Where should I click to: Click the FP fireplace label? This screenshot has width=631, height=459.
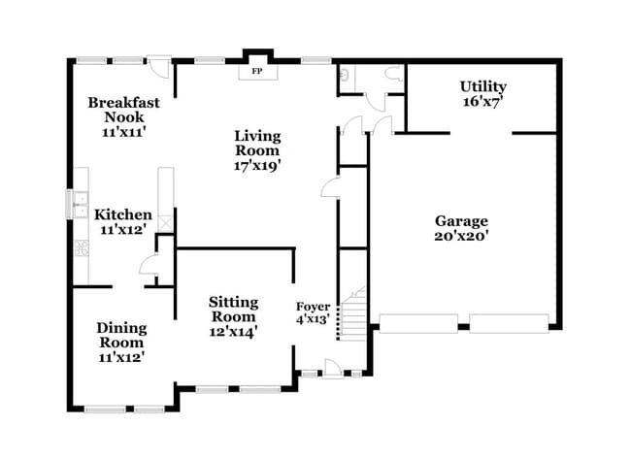257,71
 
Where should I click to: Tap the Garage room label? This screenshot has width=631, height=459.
461,221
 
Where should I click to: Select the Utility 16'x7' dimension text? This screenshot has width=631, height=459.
482,101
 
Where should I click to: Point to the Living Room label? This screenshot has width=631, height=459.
257,143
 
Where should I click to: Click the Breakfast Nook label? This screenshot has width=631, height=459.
124,110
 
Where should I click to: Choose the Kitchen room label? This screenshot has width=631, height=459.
123,214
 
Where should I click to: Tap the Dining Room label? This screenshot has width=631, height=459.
121,335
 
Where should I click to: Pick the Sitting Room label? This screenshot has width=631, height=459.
233,309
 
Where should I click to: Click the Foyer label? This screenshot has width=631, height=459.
314,307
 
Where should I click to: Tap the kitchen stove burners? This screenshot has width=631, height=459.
82,247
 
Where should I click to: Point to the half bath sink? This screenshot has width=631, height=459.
344,74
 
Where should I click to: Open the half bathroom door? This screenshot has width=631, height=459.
376,102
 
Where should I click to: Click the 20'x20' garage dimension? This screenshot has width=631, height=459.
461,236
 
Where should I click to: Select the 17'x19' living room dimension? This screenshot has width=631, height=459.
257,165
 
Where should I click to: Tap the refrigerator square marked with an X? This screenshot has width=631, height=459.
166,223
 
